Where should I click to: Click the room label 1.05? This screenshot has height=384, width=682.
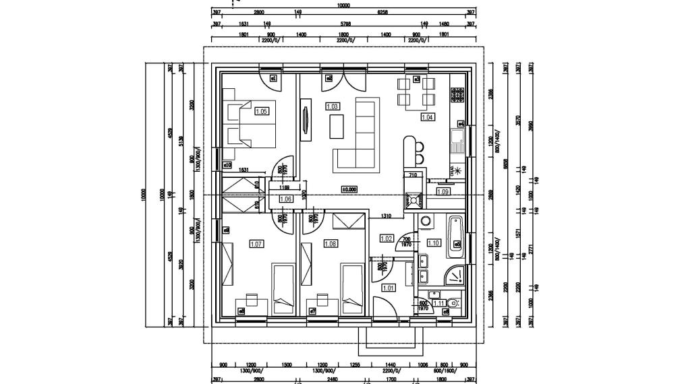pos(261,112)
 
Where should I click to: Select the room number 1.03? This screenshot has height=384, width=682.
pos(332,106)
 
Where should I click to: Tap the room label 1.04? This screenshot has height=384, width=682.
pos(427,117)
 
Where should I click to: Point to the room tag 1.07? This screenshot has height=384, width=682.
pos(256,244)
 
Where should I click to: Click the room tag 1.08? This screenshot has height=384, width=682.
pos(331,244)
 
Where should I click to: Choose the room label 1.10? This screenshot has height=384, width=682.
pos(434,243)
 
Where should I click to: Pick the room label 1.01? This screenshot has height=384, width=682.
pos(389,288)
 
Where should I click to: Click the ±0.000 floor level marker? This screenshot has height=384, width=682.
pos(349,189)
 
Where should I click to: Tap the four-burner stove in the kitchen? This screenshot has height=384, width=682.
pos(457,95)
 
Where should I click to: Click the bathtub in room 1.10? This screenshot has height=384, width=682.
pos(456,236)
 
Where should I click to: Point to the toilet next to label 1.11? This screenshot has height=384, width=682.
pos(453,303)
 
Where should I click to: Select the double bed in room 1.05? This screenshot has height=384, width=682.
pos(250,125)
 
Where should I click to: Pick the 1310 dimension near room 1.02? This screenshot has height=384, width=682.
pos(387,216)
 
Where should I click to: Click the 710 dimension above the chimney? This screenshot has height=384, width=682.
pos(413,175)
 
